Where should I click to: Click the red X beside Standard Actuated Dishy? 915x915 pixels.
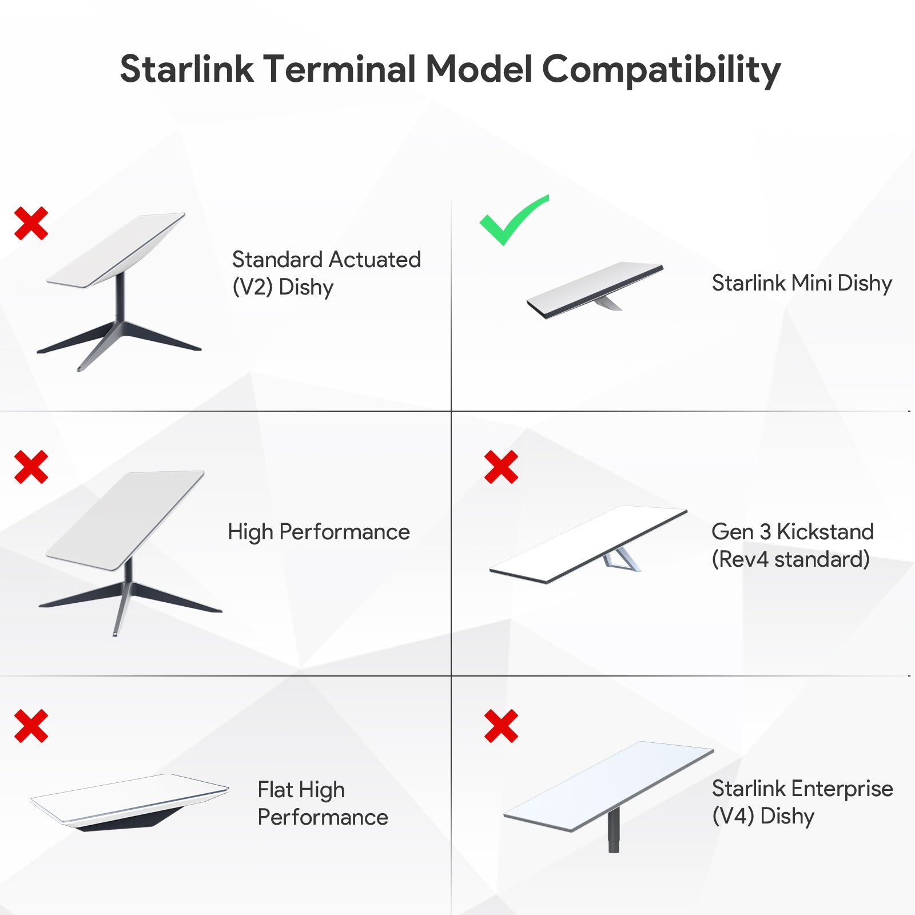click(x=31, y=223)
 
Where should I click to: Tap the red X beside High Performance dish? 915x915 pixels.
click(x=31, y=467)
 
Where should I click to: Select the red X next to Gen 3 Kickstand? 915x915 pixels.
click(x=501, y=467)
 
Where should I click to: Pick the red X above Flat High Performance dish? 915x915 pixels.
click(x=31, y=726)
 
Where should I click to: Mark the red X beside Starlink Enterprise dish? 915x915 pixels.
click(x=501, y=726)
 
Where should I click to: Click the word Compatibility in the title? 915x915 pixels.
click(x=661, y=70)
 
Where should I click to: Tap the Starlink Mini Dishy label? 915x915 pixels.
click(x=802, y=283)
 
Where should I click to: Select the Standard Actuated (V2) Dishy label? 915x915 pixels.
click(x=326, y=273)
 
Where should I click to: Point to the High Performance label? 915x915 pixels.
click(x=319, y=532)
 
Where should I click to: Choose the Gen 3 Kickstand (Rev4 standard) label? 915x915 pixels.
click(x=793, y=546)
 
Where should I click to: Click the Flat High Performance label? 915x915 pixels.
click(x=323, y=803)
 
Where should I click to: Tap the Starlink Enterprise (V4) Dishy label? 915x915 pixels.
click(x=802, y=802)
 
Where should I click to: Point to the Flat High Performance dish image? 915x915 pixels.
click(x=130, y=801)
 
